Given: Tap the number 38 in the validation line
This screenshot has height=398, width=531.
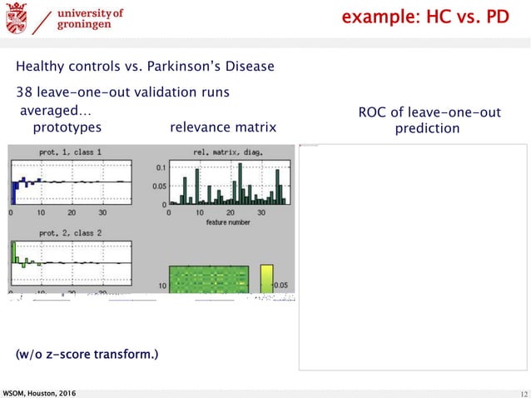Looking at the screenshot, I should tap(24, 92).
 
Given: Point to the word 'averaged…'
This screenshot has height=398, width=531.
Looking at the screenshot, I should tap(56, 111).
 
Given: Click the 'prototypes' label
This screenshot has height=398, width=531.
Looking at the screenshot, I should tap(67, 127).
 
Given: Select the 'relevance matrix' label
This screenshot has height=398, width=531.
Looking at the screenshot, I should tap(222, 127).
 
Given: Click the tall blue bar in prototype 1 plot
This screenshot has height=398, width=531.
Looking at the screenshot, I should tap(14, 191).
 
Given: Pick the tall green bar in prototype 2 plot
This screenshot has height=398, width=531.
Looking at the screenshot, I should tap(13, 252).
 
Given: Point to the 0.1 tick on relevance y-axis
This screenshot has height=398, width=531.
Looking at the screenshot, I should tap(161, 167).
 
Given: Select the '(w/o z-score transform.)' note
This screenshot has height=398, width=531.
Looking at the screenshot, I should tap(87, 356).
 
